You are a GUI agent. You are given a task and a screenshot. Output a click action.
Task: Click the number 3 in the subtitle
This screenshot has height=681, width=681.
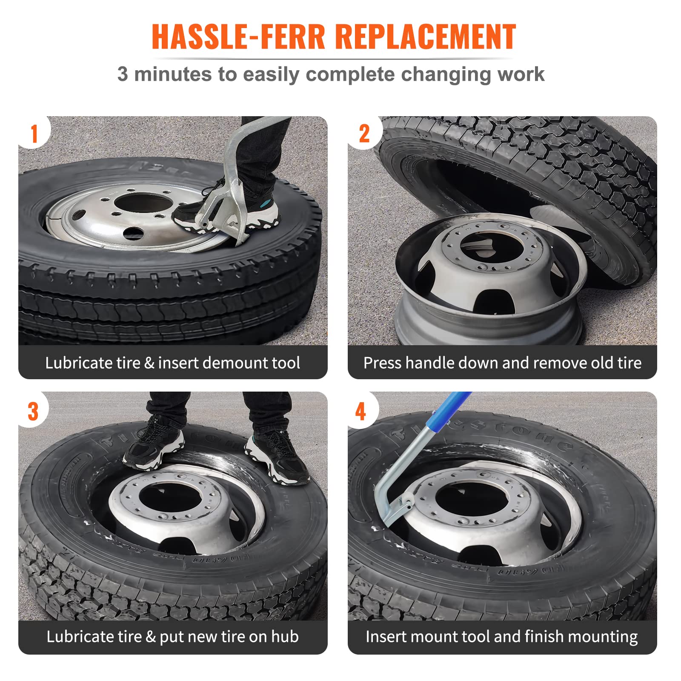tap(122, 74)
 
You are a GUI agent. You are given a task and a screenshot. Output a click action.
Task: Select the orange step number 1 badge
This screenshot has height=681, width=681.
tap(34, 134)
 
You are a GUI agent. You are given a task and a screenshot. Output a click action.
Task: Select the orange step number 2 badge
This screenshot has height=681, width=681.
tap(364, 134)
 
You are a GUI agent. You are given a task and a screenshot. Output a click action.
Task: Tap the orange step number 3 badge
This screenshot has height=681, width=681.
tap(33, 412)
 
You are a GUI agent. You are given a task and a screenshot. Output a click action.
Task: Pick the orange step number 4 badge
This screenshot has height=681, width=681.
tap(361, 412)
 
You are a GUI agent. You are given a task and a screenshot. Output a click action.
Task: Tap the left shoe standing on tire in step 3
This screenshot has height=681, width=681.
tap(153, 443)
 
